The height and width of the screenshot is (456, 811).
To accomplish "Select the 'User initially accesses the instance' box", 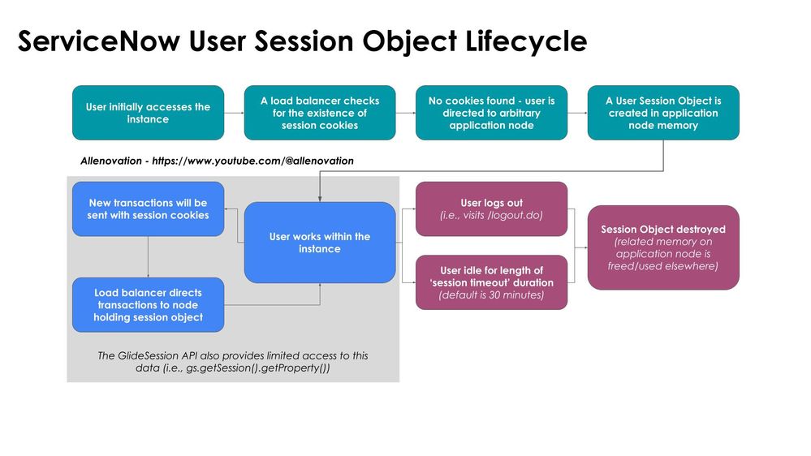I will pyautogui.click(x=148, y=113).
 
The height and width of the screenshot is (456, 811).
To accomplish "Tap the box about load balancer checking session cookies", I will pyautogui.click(x=320, y=113).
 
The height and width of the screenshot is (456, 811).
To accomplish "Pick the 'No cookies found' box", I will pyautogui.click(x=491, y=113).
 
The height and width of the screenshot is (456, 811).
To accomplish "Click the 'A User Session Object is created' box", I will pyautogui.click(x=663, y=113).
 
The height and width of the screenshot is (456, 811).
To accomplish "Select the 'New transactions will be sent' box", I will pyautogui.click(x=148, y=209).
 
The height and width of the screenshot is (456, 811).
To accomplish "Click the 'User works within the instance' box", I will pyautogui.click(x=320, y=242).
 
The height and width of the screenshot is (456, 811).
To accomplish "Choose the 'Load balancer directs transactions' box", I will pyautogui.click(x=148, y=304).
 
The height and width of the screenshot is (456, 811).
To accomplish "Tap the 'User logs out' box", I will pyautogui.click(x=491, y=209).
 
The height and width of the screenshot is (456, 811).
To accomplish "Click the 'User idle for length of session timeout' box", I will pyautogui.click(x=491, y=282).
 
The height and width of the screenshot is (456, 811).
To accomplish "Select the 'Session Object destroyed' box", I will pyautogui.click(x=663, y=247).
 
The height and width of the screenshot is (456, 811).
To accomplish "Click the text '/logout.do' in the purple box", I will pyautogui.click(x=516, y=215).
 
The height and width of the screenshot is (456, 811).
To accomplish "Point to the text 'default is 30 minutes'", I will pyautogui.click(x=491, y=295).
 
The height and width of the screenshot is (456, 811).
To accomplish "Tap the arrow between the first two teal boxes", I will pyautogui.click(x=234, y=113).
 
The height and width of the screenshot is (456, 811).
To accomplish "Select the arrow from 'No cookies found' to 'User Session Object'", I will pyautogui.click(x=577, y=113).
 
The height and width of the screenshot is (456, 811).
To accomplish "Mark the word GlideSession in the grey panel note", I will pyautogui.click(x=152, y=355).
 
